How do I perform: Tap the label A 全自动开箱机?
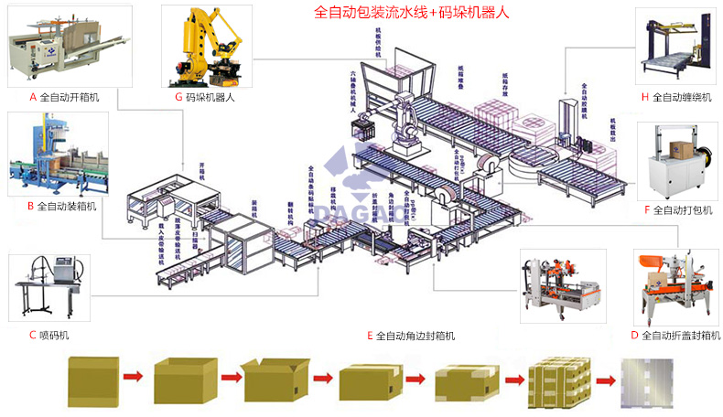click(65, 96)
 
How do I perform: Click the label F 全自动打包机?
click(677, 209)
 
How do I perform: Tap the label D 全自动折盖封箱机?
click(675, 336)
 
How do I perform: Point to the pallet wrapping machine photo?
click(678, 46)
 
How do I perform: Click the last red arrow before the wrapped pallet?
click(605, 379)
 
